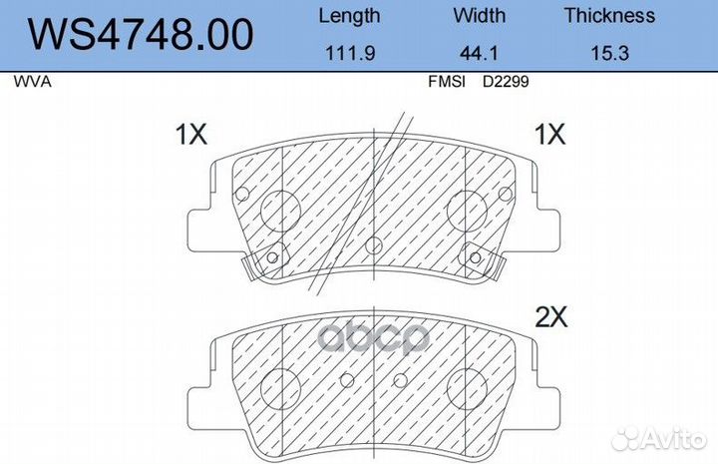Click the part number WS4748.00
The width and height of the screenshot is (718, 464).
(141, 34)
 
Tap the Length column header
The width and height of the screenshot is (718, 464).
(349, 17)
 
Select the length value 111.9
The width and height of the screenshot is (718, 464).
(350, 53)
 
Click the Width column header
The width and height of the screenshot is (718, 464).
(480, 16)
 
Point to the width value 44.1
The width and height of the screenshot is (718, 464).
(479, 53)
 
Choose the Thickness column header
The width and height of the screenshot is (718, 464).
(609, 16)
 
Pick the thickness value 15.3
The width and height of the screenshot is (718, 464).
(610, 53)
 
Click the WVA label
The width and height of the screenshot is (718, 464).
(32, 82)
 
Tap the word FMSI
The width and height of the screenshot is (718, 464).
(447, 82)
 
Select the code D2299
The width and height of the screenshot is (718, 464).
(506, 82)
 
